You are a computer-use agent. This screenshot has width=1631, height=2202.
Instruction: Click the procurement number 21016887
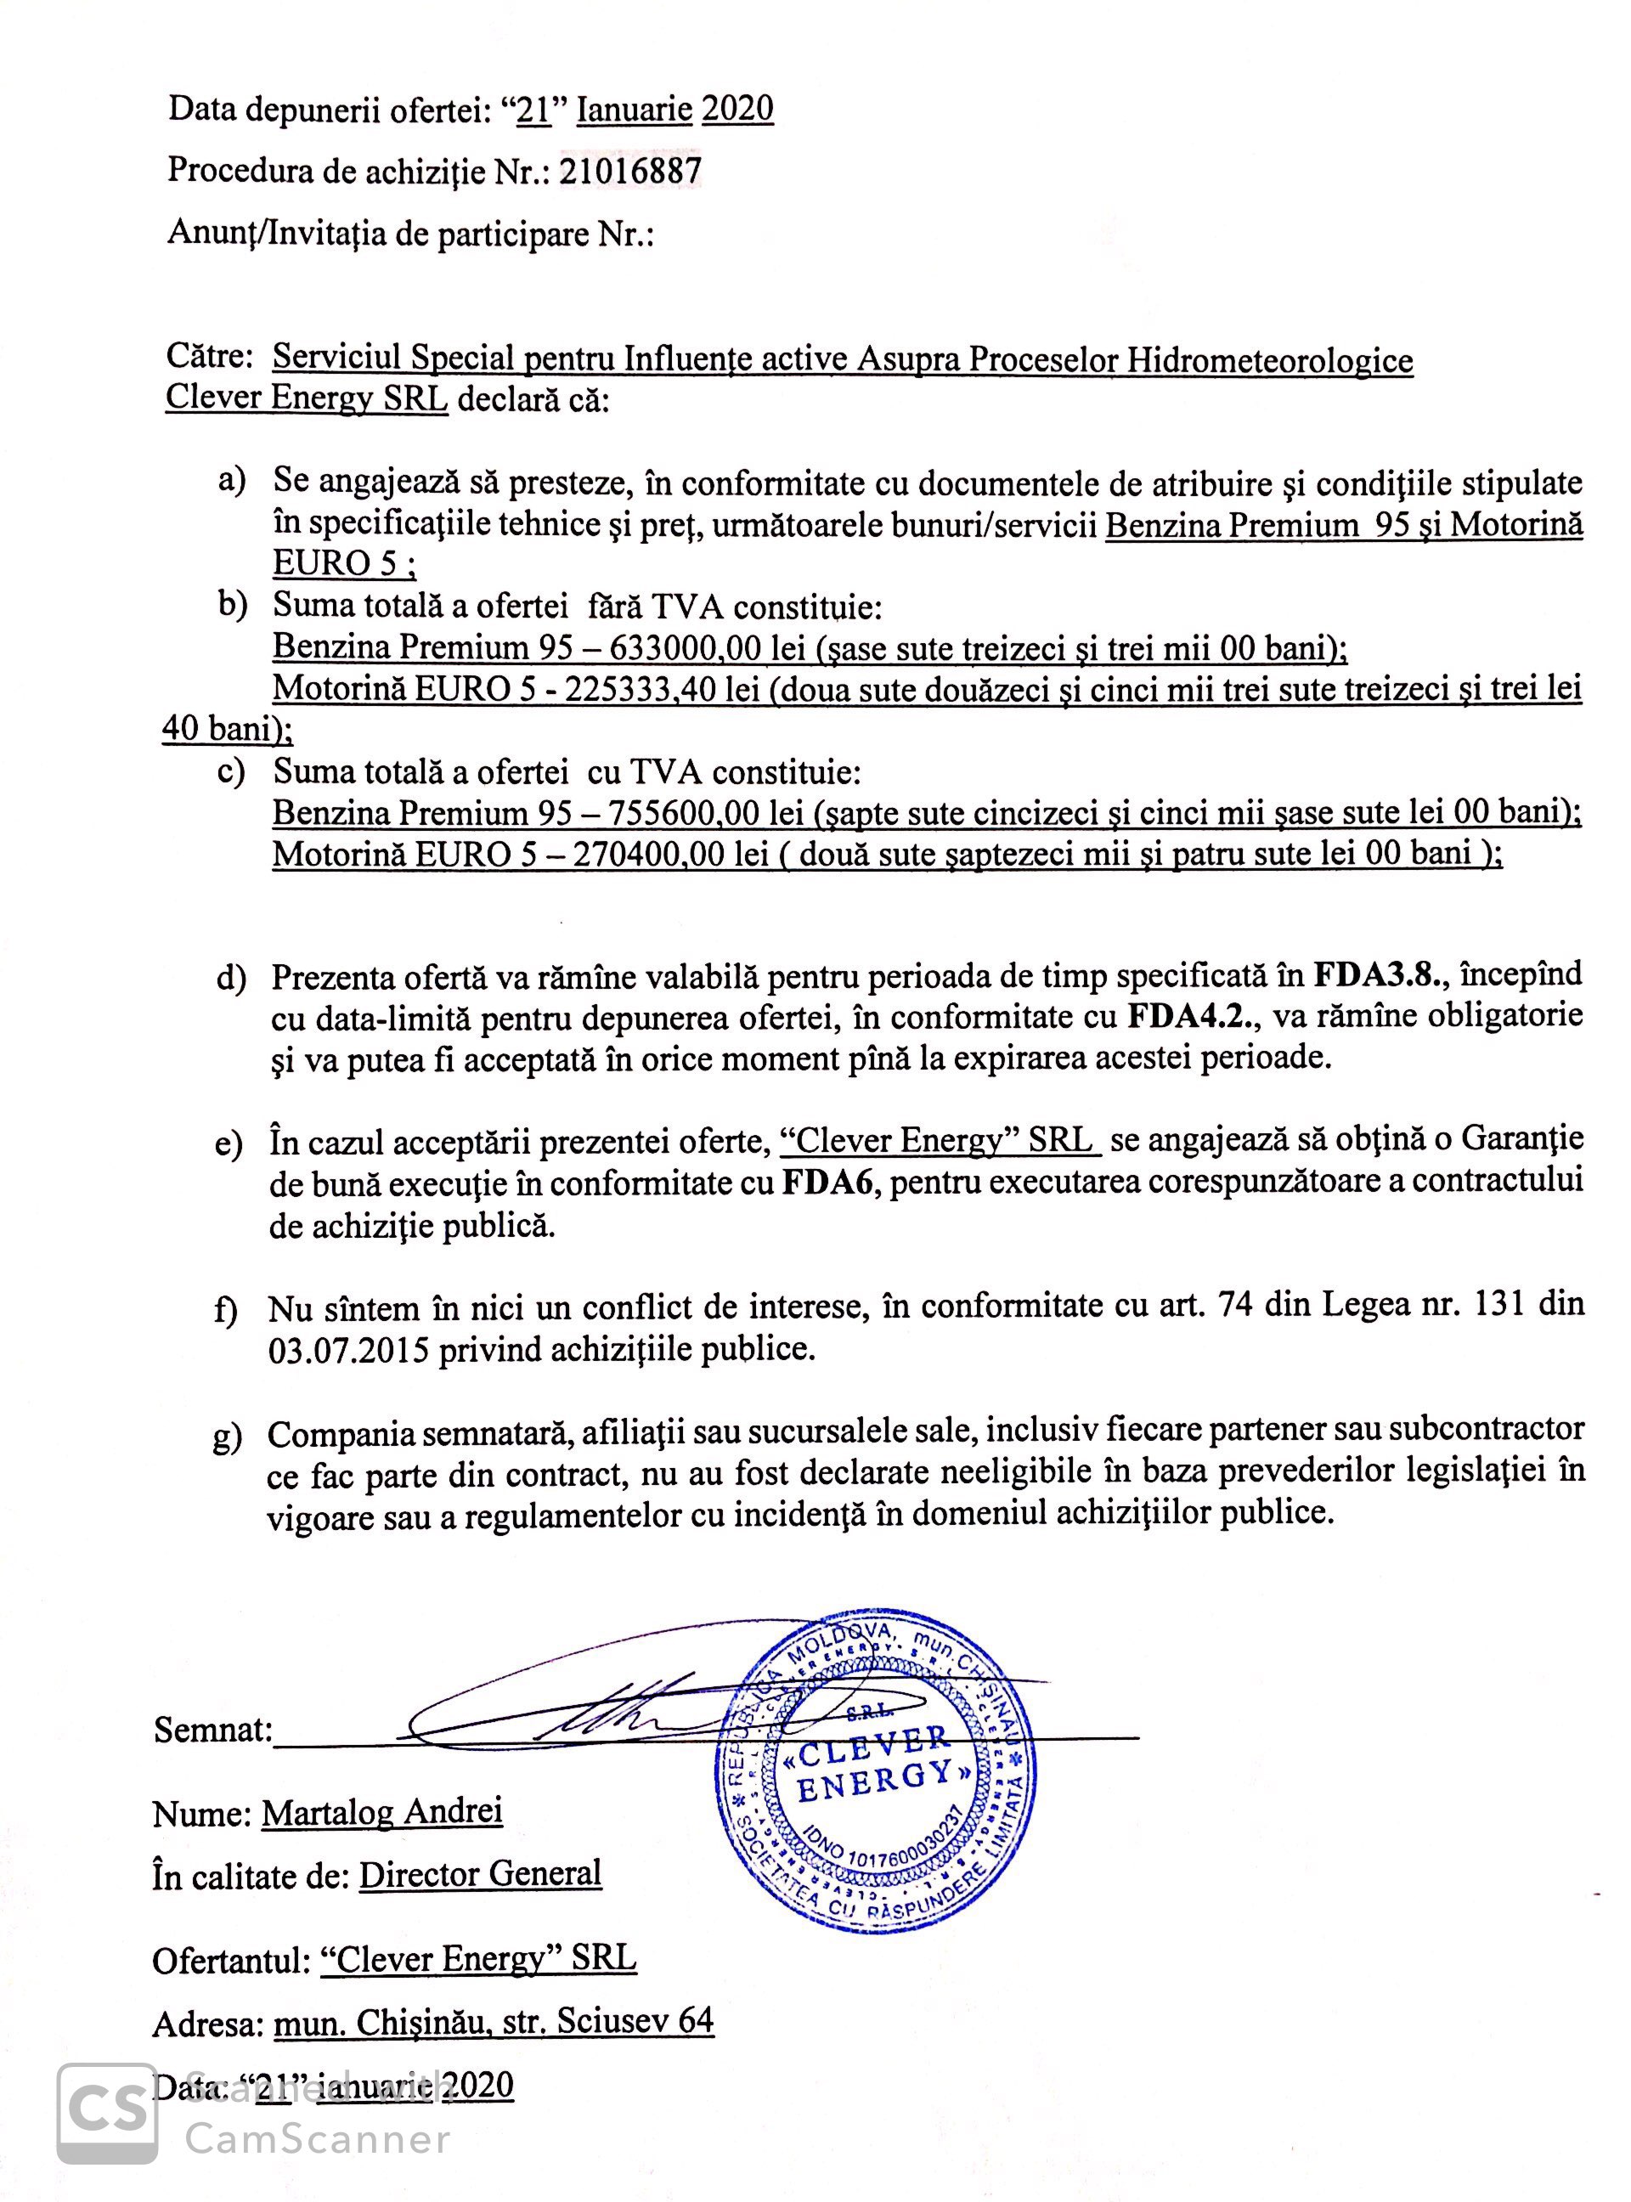click(x=630, y=172)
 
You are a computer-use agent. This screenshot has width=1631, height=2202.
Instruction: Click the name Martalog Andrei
click(x=382, y=1812)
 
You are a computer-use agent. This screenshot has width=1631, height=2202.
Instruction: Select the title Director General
click(x=480, y=1873)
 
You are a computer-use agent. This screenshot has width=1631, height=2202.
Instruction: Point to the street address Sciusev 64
click(x=635, y=2020)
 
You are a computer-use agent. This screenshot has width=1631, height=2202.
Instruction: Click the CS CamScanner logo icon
click(x=107, y=2112)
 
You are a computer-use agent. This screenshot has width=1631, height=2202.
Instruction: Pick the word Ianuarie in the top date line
click(x=634, y=109)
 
